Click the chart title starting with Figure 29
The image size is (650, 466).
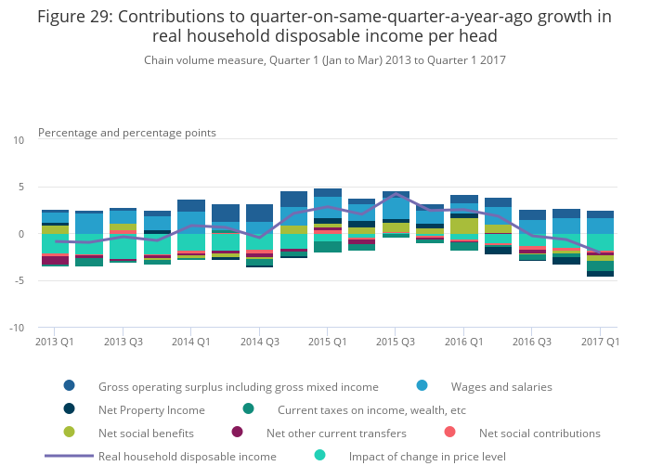tap(325, 25)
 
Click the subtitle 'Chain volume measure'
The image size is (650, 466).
tap(325, 59)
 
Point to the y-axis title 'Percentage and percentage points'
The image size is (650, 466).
tap(127, 133)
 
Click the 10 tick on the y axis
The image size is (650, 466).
tap(19, 140)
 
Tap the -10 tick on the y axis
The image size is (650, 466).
tap(17, 328)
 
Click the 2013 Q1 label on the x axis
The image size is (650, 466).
tap(55, 343)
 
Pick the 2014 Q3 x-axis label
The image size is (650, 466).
tap(261, 343)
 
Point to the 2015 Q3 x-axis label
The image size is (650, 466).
tap(396, 343)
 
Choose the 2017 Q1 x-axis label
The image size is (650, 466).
tap(601, 343)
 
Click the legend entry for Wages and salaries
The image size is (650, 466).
tap(501, 386)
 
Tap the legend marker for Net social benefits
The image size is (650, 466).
tap(69, 433)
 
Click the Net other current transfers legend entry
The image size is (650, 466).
tap(336, 433)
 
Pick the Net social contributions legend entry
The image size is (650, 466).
tap(539, 433)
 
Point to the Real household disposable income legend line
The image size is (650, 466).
tap(69, 456)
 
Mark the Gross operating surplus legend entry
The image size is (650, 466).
tap(238, 386)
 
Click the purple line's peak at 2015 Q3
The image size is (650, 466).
tap(396, 194)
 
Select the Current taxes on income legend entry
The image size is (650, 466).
tap(371, 409)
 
